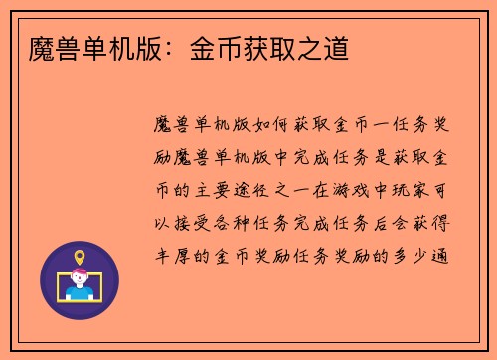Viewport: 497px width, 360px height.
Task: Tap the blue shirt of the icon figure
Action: click(80, 294)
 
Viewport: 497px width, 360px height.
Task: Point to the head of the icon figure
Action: click(80, 279)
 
